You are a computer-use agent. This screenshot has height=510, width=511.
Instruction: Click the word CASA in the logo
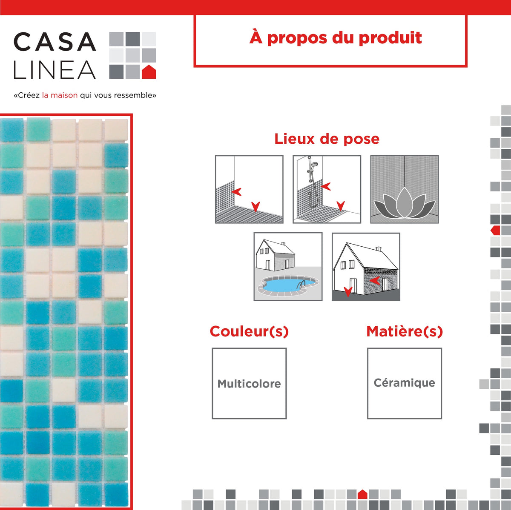55,42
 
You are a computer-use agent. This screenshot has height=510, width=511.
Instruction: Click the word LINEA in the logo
55,70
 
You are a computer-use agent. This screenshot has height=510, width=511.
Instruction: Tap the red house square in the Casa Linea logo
149,71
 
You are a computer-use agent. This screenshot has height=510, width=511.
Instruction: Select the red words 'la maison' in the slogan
60,95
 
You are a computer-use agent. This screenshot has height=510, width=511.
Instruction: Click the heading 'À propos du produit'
336,38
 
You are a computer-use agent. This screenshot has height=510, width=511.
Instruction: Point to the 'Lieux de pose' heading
327,139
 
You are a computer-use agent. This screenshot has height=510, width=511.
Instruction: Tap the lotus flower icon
405,203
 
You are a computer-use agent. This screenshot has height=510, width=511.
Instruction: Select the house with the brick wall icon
366,267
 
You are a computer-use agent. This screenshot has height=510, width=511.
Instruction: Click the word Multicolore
249,384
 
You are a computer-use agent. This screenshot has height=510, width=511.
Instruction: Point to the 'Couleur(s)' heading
249,331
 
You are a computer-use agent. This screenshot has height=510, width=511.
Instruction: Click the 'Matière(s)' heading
405,331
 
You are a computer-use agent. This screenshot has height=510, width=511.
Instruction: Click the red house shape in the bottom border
362,494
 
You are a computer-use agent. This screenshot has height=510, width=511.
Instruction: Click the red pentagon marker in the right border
495,230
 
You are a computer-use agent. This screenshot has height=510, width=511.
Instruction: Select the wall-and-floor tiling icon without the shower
249,189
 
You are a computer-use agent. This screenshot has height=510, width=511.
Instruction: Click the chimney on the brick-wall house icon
379,248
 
